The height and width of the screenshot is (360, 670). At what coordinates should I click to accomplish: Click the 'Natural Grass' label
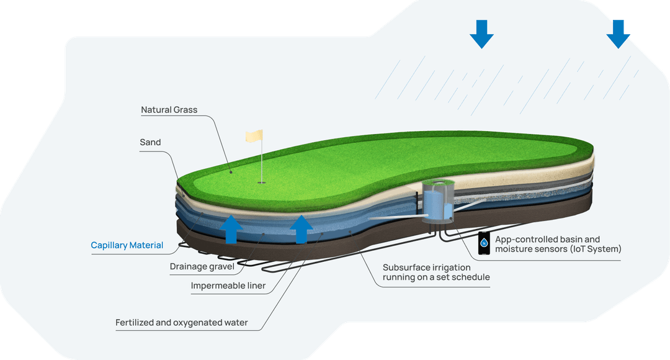point(169,110)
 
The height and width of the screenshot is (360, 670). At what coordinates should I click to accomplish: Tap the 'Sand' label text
point(150,142)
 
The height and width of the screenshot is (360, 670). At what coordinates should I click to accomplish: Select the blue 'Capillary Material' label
point(127,245)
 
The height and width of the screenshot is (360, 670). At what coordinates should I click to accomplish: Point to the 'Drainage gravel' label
point(202,267)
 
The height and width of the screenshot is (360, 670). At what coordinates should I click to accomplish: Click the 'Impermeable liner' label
point(228,286)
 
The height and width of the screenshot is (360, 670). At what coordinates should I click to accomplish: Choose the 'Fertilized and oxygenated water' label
point(182,323)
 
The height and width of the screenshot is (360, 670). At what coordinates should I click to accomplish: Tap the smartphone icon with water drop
point(484,243)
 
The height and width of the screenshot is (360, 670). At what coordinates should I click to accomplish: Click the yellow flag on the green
point(254,136)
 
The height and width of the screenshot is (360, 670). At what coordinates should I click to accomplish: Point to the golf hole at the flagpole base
point(262,182)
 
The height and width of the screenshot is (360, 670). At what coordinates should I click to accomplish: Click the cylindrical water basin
point(438,203)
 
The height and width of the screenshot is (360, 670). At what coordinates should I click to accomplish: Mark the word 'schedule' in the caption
point(470,277)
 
